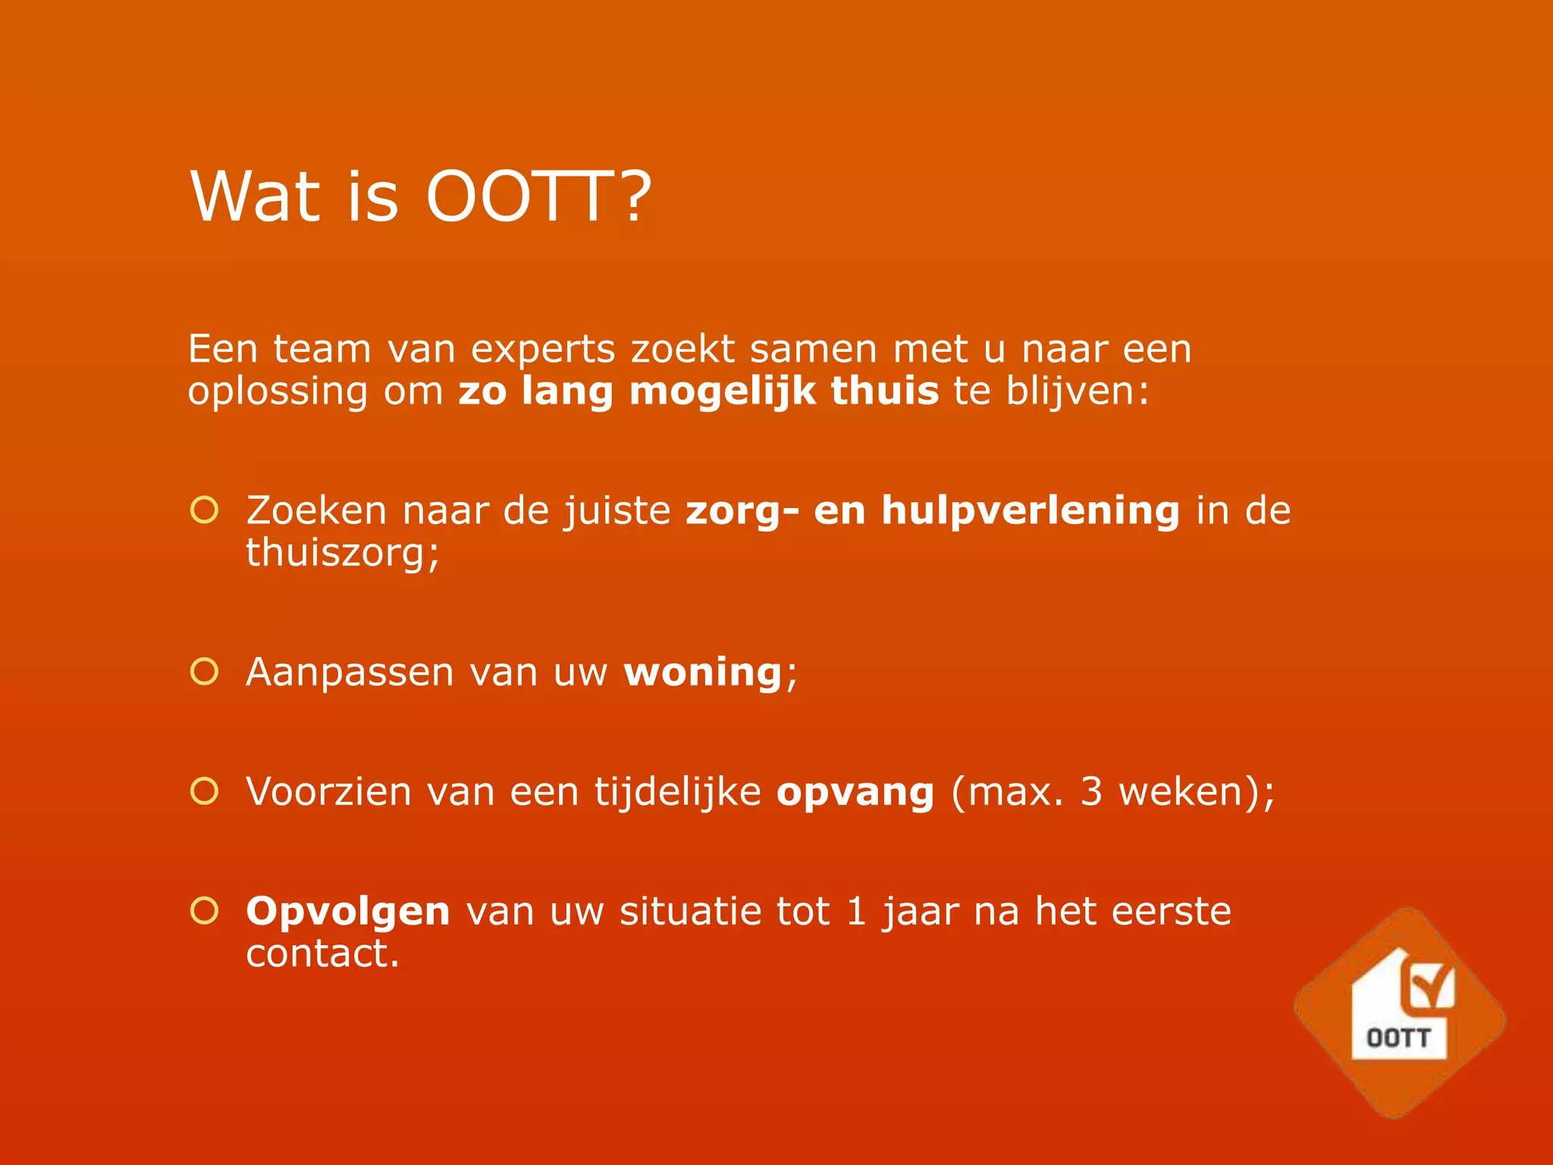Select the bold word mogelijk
(x=722, y=392)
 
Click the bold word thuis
(x=884, y=391)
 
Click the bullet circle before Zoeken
(x=204, y=510)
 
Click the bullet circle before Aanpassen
(x=204, y=671)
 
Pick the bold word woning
(x=702, y=672)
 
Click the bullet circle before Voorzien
(x=204, y=791)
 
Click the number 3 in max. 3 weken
(x=1090, y=791)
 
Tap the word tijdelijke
(x=677, y=791)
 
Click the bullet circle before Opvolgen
(x=204, y=910)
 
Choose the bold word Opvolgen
(x=348, y=912)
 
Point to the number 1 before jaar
(x=856, y=911)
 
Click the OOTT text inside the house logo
(x=1398, y=1038)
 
